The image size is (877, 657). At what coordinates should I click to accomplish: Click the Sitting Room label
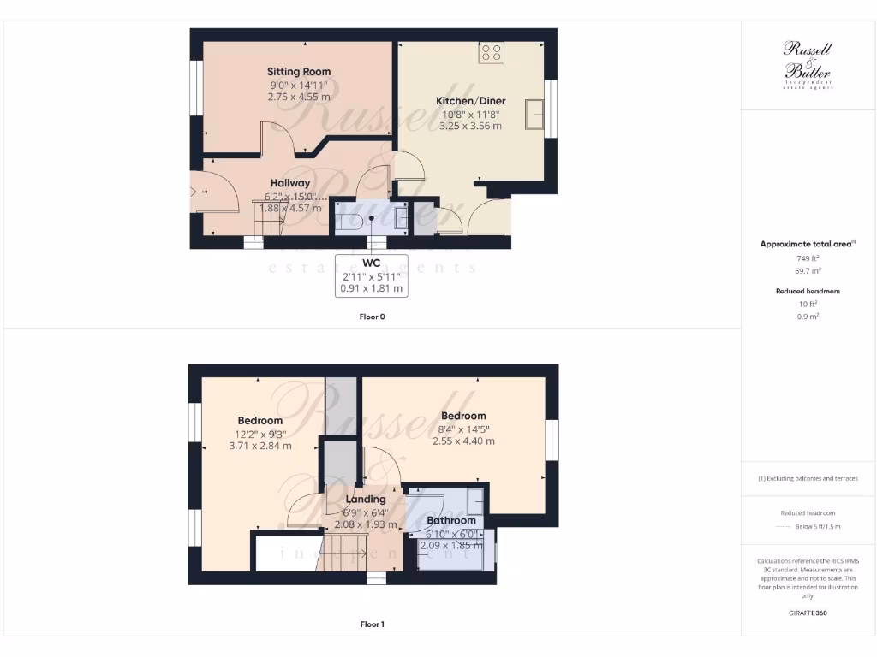point(298,72)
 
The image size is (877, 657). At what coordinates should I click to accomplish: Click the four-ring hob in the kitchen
point(492,52)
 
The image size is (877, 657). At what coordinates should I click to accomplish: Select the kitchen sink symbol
point(537,115)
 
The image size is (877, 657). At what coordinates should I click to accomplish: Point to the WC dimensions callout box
point(371,275)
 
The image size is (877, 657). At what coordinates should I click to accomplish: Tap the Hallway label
point(290,183)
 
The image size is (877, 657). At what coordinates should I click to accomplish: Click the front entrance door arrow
point(199,192)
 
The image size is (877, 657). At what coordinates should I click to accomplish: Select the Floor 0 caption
point(372,317)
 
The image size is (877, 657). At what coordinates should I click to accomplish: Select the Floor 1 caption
point(372,624)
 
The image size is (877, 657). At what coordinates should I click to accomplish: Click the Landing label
point(366,499)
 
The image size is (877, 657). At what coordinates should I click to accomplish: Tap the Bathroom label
point(450,520)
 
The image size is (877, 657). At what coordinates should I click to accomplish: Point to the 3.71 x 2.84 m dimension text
point(260,446)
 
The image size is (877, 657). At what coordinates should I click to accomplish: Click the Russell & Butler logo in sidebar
point(808,64)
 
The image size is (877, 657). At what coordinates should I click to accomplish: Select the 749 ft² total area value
point(808,257)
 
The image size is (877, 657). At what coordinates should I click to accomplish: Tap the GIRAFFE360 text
point(808,613)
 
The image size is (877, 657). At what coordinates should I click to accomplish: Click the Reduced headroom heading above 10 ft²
point(808,291)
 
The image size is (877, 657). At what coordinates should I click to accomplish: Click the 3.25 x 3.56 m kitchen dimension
point(470,126)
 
